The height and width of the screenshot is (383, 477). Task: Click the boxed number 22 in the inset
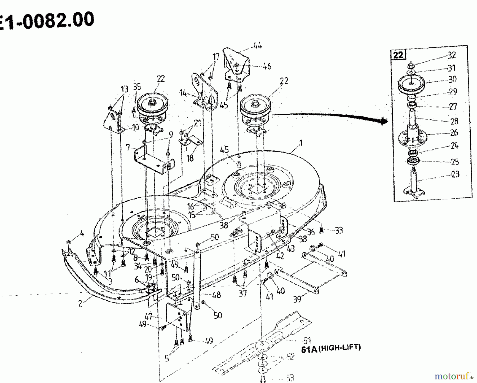[x=398, y=55]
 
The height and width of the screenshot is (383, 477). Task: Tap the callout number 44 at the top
[x=257, y=46]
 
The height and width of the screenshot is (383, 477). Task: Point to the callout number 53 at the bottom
[x=290, y=378]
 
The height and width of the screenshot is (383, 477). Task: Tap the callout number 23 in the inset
[x=455, y=174]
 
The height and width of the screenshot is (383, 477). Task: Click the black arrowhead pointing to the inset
[x=384, y=121]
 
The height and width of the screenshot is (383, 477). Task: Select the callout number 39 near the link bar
[x=297, y=299]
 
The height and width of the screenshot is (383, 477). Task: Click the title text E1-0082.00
[x=46, y=21]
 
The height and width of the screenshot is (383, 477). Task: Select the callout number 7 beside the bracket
[x=128, y=147]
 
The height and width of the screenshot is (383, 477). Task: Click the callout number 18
[x=190, y=158]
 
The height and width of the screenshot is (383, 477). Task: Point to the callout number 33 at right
[x=339, y=230]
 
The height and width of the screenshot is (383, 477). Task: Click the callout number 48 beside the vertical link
[x=217, y=295]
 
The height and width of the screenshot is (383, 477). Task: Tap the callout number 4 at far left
[x=82, y=234]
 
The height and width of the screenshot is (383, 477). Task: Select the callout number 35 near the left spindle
[x=137, y=87]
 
